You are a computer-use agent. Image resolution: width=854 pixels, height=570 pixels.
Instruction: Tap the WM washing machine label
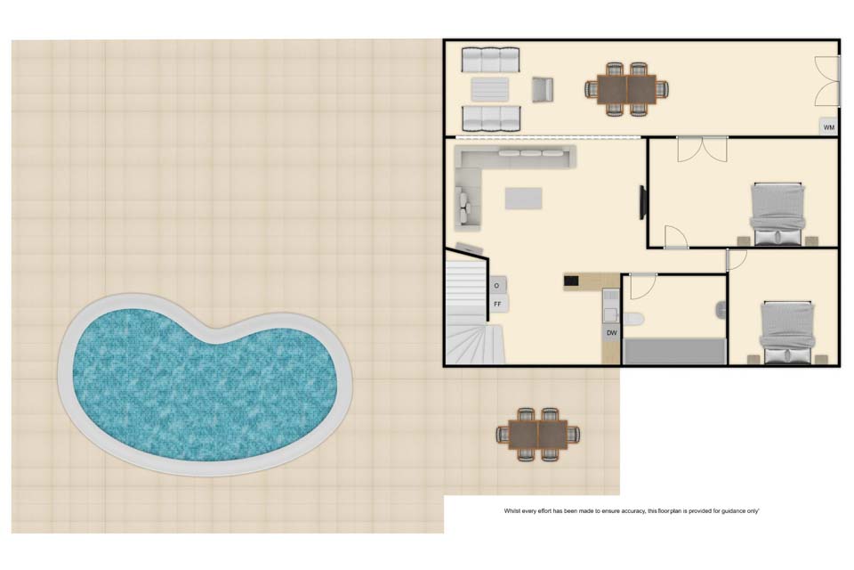[828, 127]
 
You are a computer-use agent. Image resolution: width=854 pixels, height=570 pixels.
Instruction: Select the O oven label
[496, 285]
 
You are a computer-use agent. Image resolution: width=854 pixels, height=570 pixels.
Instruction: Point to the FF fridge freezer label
[497, 304]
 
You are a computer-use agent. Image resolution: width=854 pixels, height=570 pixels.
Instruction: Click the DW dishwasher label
[612, 333]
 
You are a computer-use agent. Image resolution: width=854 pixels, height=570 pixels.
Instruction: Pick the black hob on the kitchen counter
[571, 281]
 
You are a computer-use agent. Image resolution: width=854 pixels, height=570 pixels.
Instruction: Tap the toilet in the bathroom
[632, 318]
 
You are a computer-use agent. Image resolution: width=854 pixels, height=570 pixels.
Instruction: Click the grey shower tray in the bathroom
[675, 351]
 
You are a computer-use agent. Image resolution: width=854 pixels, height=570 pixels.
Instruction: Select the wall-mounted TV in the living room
[642, 202]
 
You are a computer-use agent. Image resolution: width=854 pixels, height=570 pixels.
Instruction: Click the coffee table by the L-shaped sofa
[523, 198]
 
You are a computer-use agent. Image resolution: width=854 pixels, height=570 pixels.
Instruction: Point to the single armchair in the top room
[543, 89]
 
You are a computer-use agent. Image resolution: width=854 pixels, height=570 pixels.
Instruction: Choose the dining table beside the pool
[538, 435]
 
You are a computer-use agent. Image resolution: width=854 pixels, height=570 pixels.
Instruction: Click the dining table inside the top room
[627, 89]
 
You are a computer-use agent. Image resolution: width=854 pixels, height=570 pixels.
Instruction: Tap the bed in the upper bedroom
[777, 215]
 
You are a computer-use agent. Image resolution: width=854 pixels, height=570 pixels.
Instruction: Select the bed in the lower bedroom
[787, 332]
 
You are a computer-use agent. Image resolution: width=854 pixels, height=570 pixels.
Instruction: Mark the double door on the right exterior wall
[826, 81]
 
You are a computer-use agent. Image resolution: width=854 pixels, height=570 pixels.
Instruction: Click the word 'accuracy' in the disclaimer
[632, 511]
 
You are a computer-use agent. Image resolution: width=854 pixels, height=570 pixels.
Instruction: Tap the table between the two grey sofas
[489, 89]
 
